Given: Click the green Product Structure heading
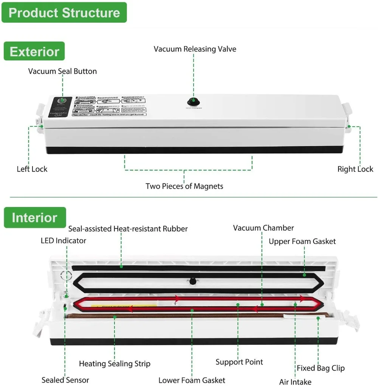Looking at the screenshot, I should coord(64,12).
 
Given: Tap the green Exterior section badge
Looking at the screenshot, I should coord(34,51).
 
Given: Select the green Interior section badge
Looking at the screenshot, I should coord(35,218).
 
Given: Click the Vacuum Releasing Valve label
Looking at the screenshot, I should coord(195,49).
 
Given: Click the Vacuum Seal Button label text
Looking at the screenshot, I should coord(62,71).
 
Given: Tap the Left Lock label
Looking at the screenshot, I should coord(32,169).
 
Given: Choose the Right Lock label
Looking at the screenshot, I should coord(355,169).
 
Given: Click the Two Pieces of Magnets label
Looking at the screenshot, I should coord(184,186).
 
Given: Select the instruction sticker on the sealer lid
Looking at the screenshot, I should coord(110,105).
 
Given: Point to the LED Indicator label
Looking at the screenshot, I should coord(64,241).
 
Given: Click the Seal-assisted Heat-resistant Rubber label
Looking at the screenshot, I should coord(128,229).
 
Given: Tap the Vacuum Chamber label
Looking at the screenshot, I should coord(263,228).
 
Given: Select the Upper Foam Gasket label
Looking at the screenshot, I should coord(302,241).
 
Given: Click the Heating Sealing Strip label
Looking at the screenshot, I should coord(115,364).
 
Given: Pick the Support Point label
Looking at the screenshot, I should coord(239,362).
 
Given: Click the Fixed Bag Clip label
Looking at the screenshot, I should coord(321,368).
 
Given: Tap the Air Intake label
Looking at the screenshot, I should coord(295,382).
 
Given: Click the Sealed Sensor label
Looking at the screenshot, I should coord(65,380).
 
